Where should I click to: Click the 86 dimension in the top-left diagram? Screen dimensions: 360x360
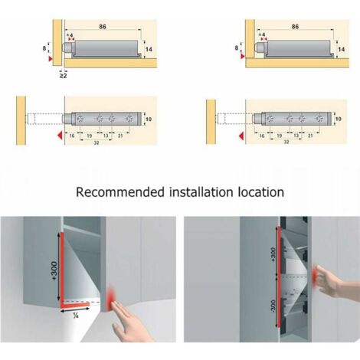[x=102, y=25]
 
